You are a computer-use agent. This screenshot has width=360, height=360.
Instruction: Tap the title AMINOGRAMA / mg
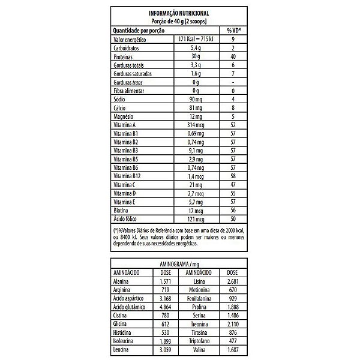point(179,263)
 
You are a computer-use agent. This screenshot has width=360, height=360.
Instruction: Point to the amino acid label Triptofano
point(198,340)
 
